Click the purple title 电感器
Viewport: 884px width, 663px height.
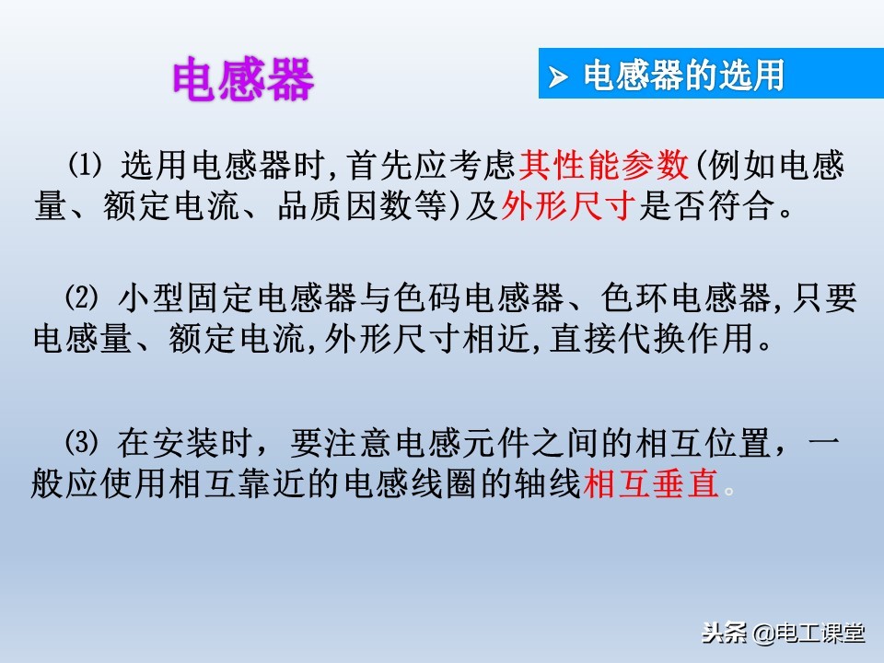pyautogui.click(x=243, y=82)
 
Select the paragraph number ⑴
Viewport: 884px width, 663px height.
pyautogui.click(x=83, y=166)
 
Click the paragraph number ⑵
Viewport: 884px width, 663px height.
pyautogui.click(x=83, y=298)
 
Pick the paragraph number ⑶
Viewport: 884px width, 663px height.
pyautogui.click(x=83, y=444)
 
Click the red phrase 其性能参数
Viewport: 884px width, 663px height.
pyautogui.click(x=603, y=166)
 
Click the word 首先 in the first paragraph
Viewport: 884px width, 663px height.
pyautogui.click(x=383, y=166)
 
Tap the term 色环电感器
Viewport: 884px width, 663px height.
pyautogui.click(x=684, y=298)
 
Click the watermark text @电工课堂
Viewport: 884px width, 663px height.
pyautogui.click(x=809, y=634)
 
